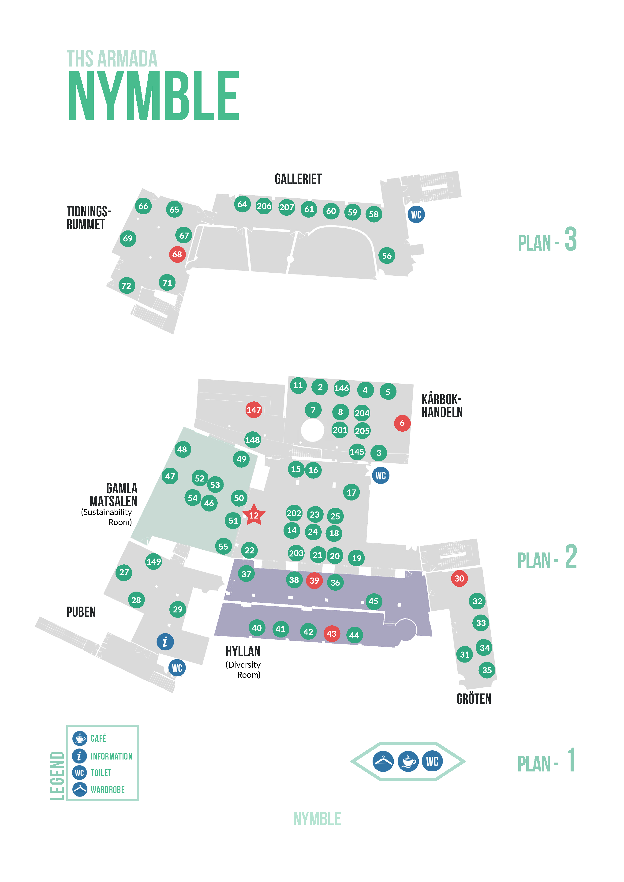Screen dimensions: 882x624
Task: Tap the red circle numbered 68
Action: click(x=177, y=254)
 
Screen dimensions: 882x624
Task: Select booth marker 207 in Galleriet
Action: click(x=286, y=208)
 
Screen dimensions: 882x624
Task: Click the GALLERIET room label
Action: click(x=298, y=179)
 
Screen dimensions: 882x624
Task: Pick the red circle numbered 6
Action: click(x=402, y=423)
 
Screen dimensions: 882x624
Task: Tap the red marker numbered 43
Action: click(x=331, y=634)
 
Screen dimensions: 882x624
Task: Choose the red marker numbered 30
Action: click(x=459, y=578)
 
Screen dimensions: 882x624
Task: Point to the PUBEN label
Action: click(x=81, y=612)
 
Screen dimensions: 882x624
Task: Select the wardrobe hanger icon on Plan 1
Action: click(x=383, y=761)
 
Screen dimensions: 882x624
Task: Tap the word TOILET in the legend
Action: click(x=101, y=773)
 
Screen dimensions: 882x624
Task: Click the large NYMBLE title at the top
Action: click(x=154, y=96)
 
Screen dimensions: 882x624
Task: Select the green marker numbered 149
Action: click(x=154, y=562)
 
